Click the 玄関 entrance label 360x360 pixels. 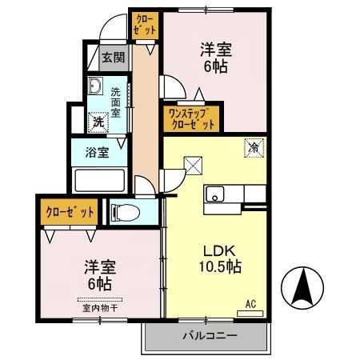[x=113, y=57]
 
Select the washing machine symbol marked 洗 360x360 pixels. [x=97, y=123]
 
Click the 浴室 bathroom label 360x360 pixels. [x=98, y=152]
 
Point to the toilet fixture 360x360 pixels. [x=125, y=212]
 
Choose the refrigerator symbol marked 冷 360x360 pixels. [x=254, y=147]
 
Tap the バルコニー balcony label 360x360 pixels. [x=208, y=335]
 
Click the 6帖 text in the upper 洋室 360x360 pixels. [x=214, y=68]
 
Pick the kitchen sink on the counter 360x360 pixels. [x=216, y=194]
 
